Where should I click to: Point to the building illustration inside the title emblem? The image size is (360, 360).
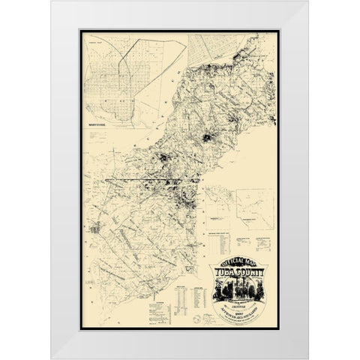coord(238,289)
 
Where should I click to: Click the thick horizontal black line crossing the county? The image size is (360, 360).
coord(150,181)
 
